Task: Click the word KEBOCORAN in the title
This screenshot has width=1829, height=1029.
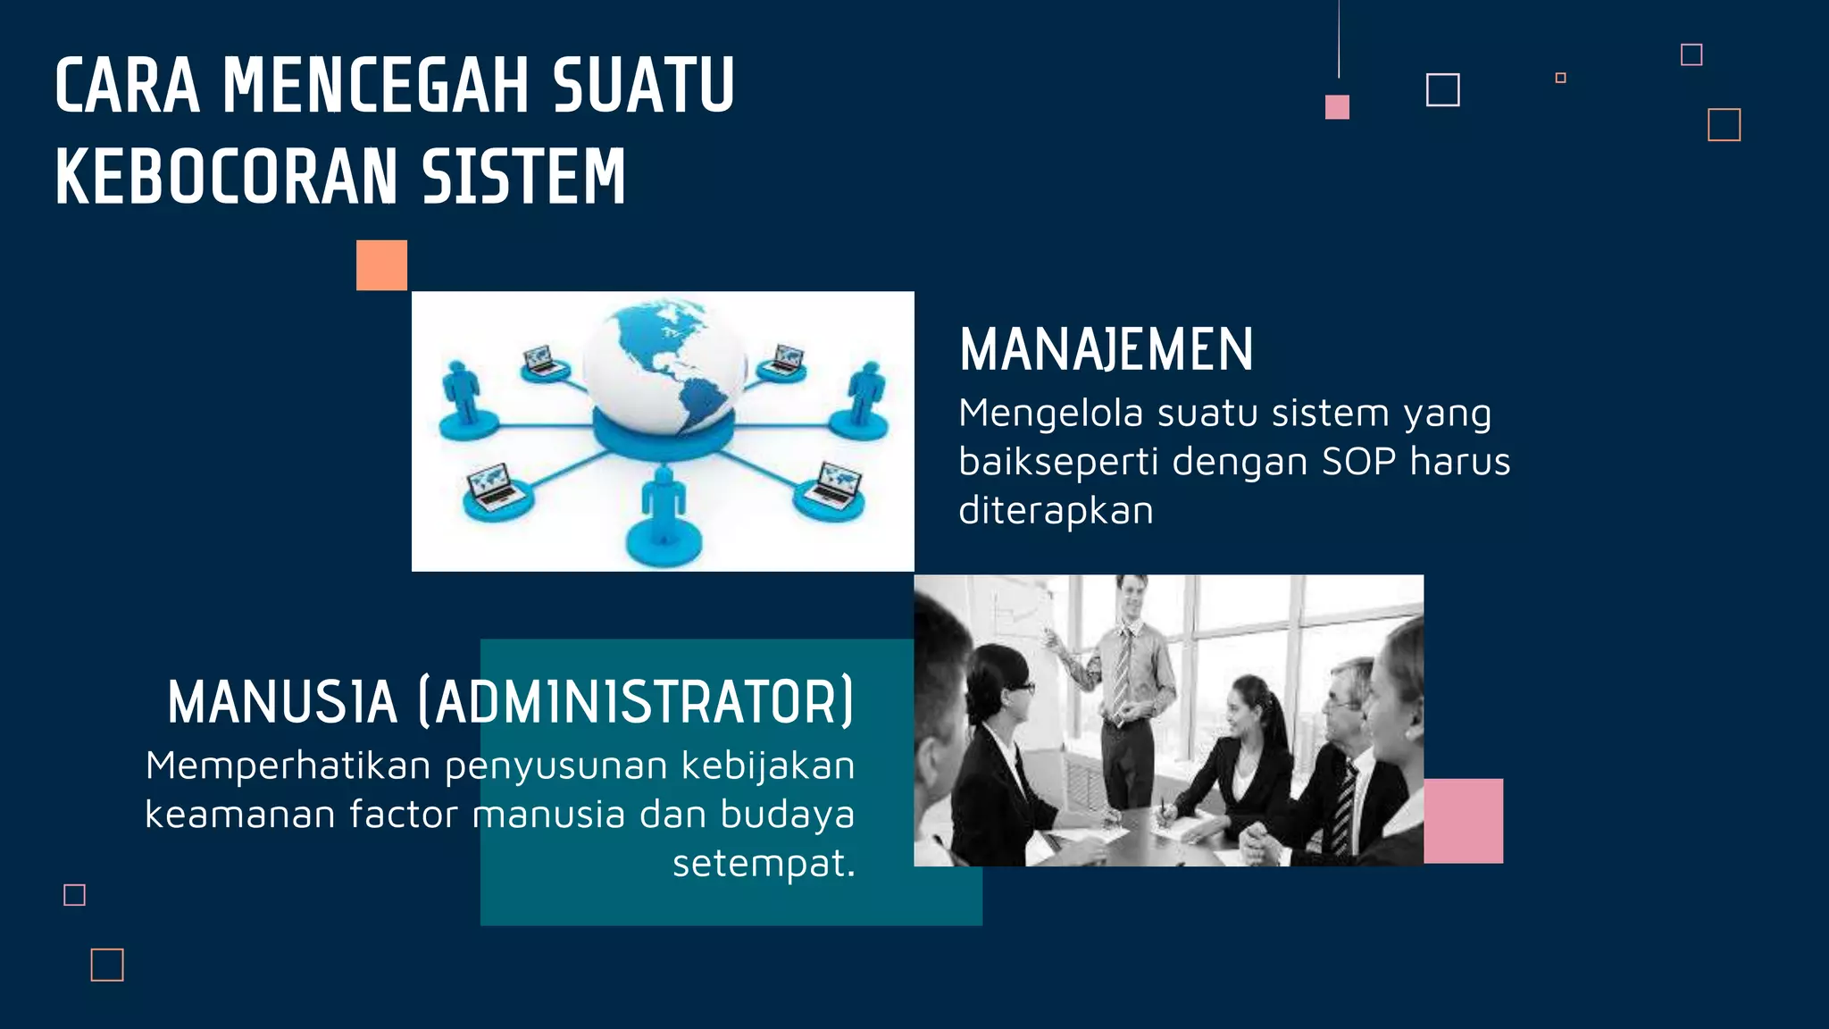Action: coord(226,177)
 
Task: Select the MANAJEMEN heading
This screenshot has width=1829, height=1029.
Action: coord(1107,349)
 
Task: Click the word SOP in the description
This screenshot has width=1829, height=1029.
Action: coord(1358,462)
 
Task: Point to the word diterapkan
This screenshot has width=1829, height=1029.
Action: coord(1056,511)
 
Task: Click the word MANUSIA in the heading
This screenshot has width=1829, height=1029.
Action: coord(282,702)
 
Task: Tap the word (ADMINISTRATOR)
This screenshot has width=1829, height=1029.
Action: coord(636,702)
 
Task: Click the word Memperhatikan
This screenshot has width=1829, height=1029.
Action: coord(288,765)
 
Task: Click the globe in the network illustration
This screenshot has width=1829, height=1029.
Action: coord(664,364)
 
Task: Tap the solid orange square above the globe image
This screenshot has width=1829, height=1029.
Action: coord(381,265)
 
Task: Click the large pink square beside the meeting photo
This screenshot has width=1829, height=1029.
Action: coord(1463,820)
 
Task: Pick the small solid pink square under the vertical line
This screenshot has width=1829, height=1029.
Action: coord(1337,107)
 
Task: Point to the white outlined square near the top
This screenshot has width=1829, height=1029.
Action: coord(1442,90)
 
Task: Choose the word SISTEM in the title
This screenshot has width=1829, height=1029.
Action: coord(523,177)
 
